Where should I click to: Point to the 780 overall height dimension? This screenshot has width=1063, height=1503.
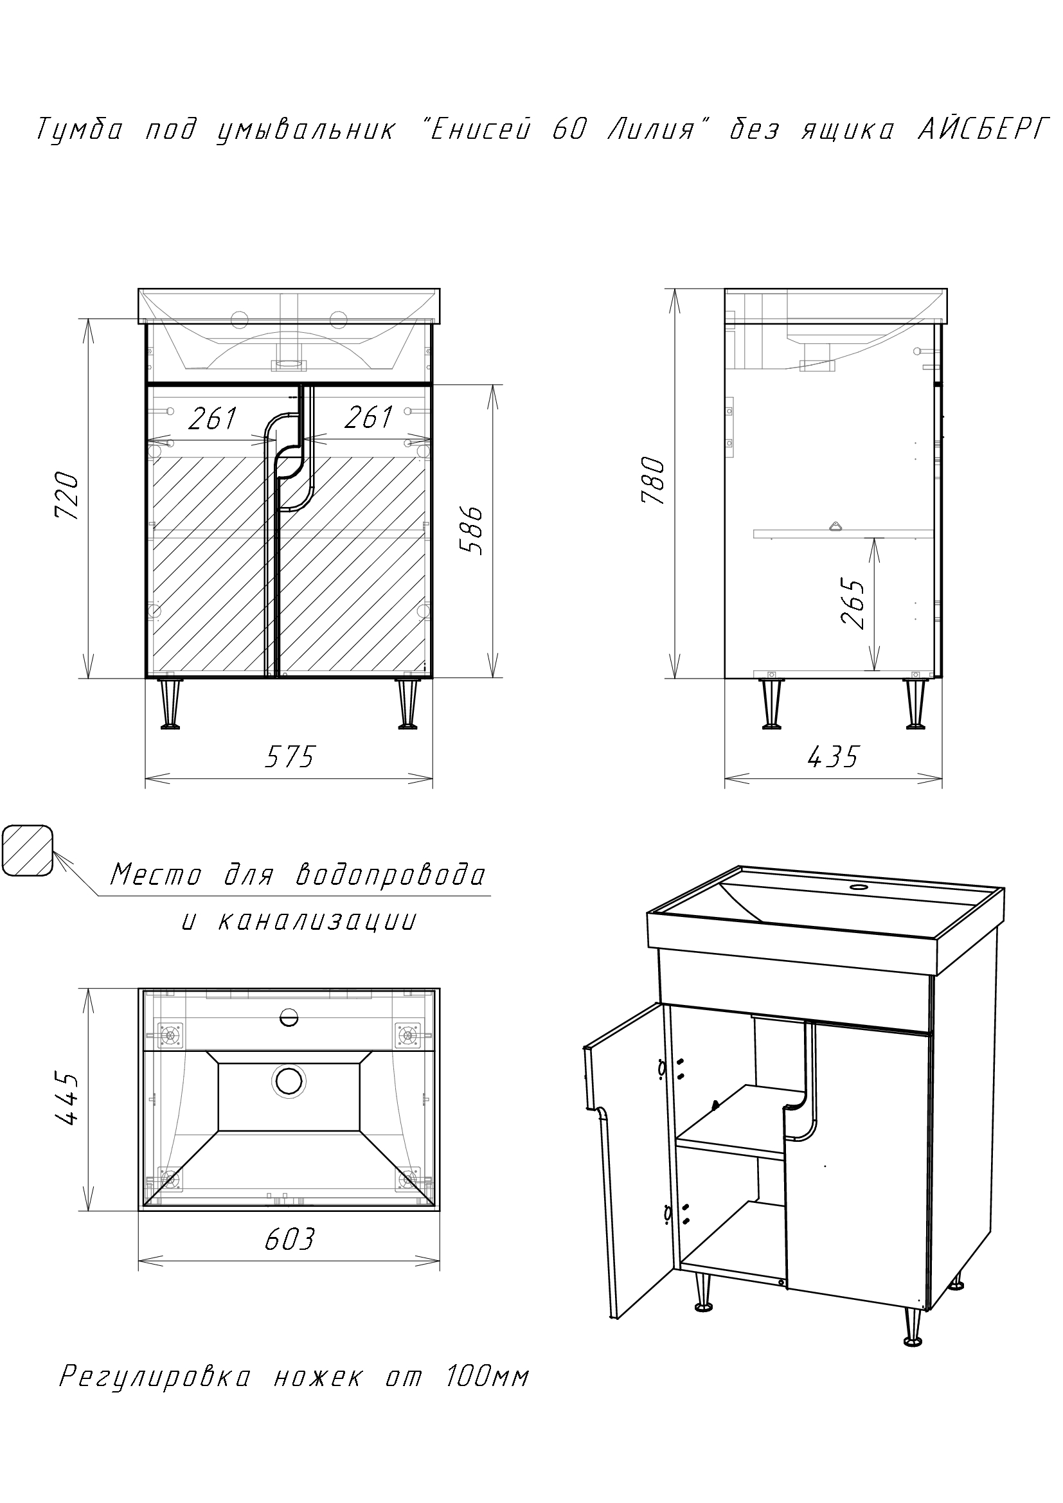654,481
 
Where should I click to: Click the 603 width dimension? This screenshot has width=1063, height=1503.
290,1238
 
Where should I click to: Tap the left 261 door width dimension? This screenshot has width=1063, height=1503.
213,418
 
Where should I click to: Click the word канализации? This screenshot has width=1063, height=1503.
316,921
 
